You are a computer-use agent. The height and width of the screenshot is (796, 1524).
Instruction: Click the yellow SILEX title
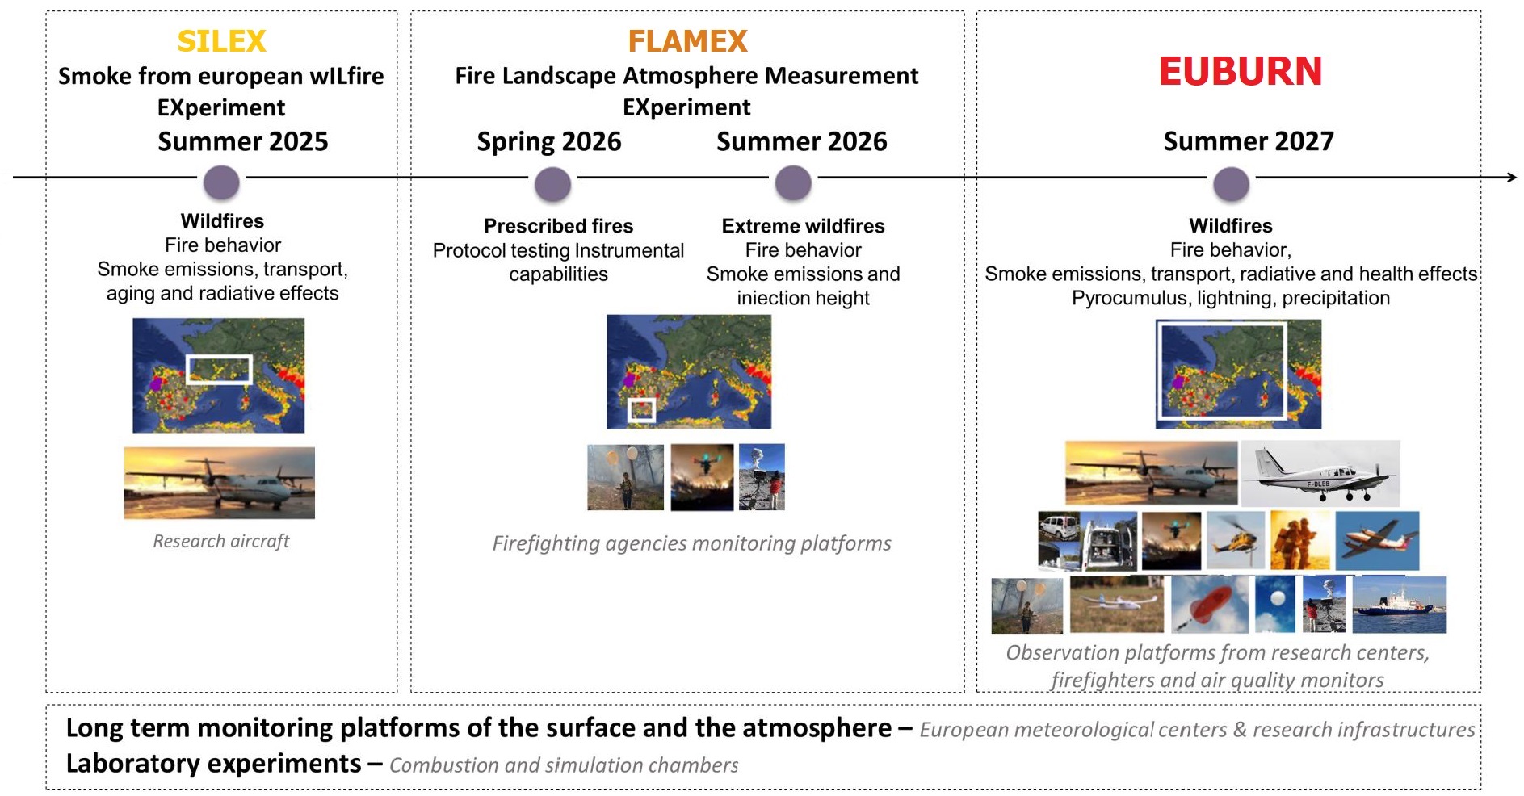coord(221,41)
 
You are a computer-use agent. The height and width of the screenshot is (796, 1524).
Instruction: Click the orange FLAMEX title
coord(687,41)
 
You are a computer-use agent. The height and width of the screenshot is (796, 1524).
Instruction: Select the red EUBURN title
coord(1240,72)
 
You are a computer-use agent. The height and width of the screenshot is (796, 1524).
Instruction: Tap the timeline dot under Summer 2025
coord(221,182)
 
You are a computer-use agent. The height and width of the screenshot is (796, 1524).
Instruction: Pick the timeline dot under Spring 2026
coord(552,185)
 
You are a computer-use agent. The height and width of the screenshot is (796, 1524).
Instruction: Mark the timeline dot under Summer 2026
coord(793,183)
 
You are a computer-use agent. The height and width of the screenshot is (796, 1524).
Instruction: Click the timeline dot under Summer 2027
coord(1231,184)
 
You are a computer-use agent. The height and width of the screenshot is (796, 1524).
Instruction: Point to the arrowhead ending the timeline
coord(1512,177)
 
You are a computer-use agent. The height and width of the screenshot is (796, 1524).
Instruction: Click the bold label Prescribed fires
coord(558,226)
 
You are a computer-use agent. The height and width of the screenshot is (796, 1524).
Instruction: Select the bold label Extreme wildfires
coord(803,226)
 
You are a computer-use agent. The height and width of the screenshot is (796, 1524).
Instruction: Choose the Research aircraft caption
coord(221,541)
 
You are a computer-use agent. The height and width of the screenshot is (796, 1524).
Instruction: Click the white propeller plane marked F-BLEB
coord(1320,473)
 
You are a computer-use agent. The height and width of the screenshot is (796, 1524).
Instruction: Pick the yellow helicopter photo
coord(1235,540)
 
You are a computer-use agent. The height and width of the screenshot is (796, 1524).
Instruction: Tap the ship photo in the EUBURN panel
coord(1400,605)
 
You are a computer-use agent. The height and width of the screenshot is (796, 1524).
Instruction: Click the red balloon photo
coord(1209,605)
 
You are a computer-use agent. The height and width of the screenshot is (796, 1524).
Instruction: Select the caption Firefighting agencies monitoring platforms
coord(691,543)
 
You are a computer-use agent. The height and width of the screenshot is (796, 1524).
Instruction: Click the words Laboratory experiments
coord(213,764)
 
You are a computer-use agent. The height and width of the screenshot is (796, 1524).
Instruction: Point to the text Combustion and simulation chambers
coord(564,765)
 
